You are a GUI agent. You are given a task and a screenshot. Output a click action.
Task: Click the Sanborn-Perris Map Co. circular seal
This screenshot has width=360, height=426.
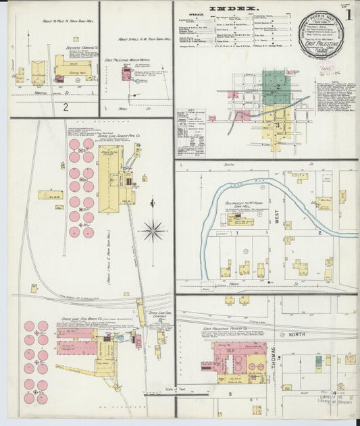(x=321, y=34)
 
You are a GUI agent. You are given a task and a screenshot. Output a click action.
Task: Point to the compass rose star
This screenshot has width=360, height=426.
(x=154, y=230)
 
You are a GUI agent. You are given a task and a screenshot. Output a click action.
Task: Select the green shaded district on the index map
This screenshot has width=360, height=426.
(x=275, y=88)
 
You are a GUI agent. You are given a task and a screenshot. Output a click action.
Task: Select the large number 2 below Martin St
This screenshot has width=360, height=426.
(x=66, y=107)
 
